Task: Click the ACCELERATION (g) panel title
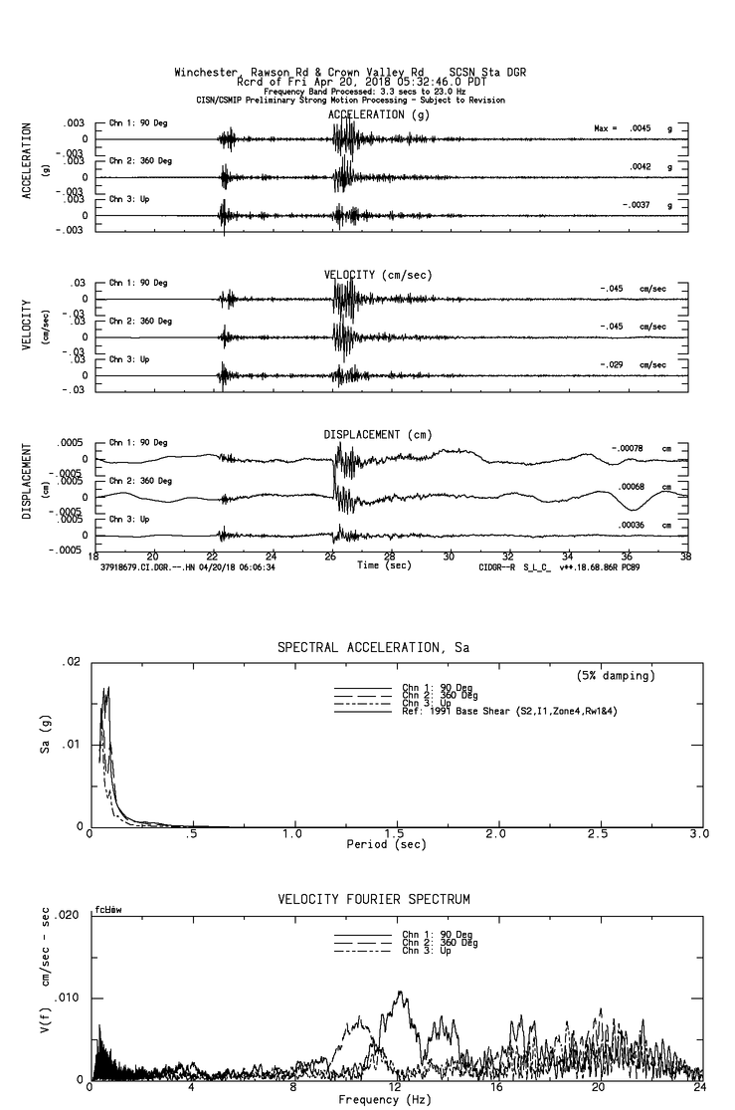(380, 115)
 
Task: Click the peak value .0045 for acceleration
(637, 129)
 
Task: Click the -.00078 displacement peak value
(628, 449)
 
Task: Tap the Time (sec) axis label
(383, 565)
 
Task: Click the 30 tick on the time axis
(450, 555)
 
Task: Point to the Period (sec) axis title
(394, 844)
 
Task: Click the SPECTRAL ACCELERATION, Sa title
(373, 648)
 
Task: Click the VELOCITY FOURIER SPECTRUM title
(373, 900)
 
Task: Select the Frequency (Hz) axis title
(384, 1099)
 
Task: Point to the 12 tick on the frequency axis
(395, 1088)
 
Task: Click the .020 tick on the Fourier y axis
(69, 915)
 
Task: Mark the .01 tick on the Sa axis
(72, 744)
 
